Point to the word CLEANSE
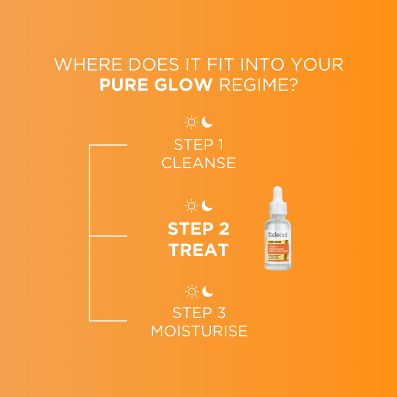click(198, 163)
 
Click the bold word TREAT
click(198, 250)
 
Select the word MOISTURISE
click(198, 331)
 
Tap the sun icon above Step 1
click(191, 122)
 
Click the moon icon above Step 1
click(207, 121)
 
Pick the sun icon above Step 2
click(191, 206)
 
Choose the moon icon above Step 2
click(207, 206)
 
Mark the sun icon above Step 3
click(191, 291)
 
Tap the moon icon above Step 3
click(207, 291)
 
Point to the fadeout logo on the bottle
click(277, 234)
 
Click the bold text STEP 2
click(198, 228)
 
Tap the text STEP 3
click(198, 313)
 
